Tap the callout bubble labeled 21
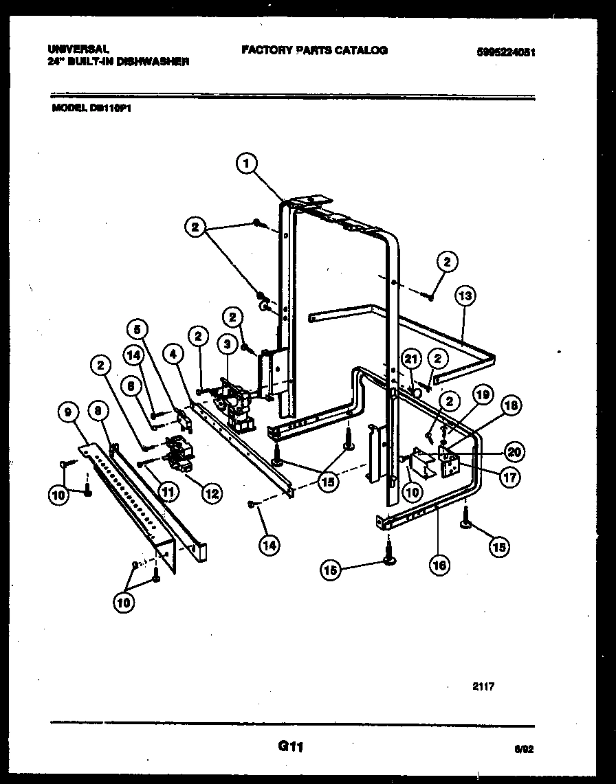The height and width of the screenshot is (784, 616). [410, 357]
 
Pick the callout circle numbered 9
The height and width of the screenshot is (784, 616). [67, 412]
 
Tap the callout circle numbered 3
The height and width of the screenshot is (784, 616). [224, 343]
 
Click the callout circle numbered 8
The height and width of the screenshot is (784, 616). [99, 412]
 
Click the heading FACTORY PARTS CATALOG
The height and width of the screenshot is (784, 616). [314, 50]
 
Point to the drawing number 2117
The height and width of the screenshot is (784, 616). [484, 686]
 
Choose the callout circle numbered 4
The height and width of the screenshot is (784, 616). [173, 354]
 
